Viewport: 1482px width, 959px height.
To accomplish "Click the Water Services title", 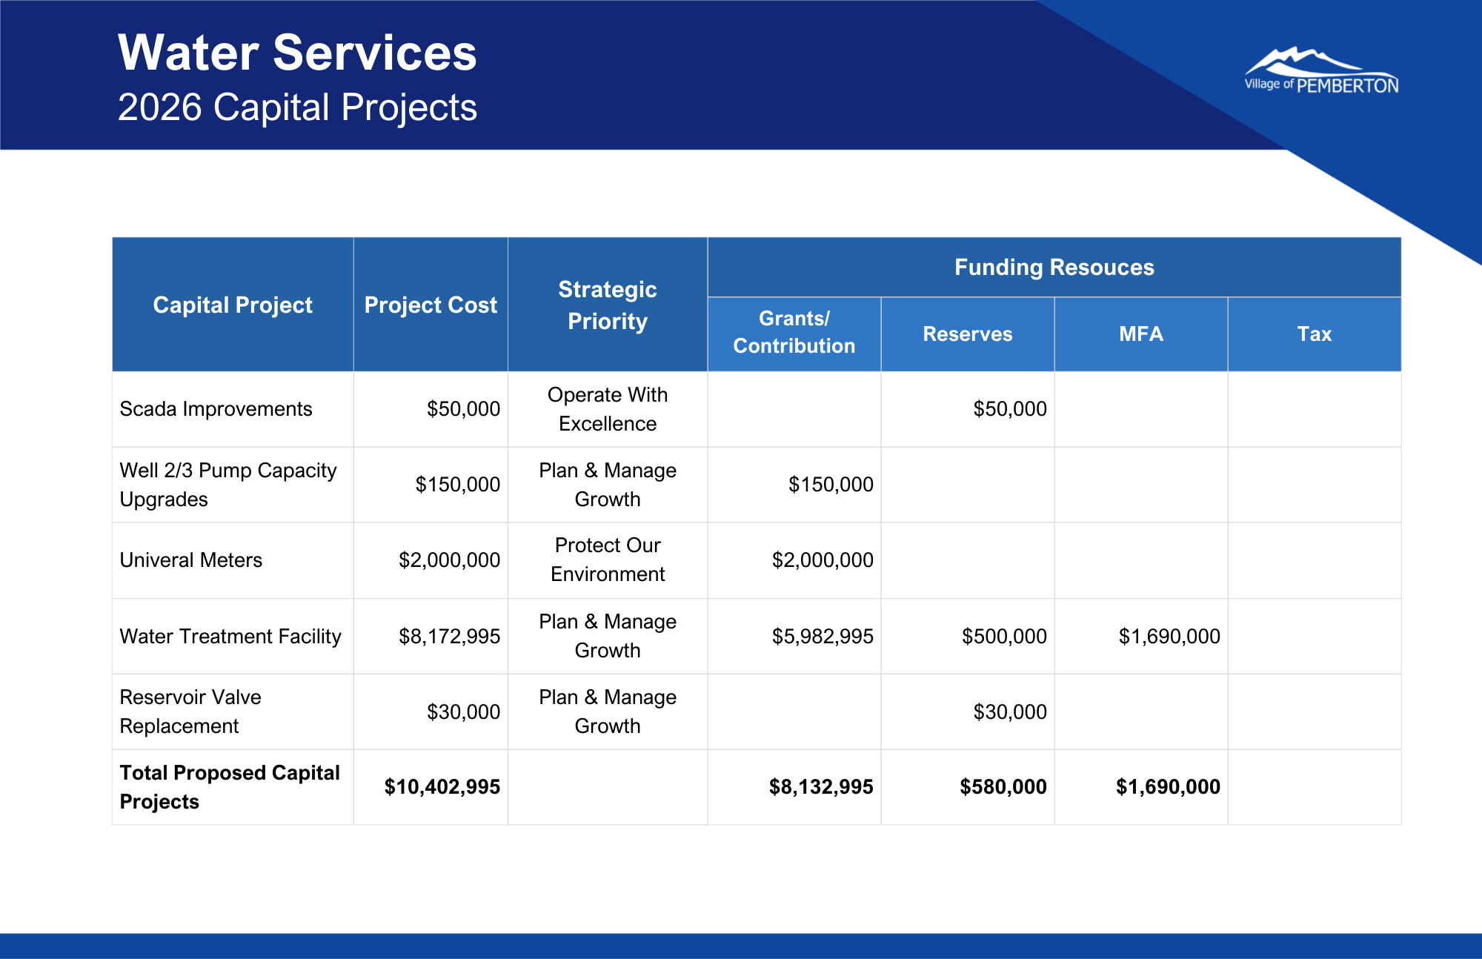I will pyautogui.click(x=297, y=53).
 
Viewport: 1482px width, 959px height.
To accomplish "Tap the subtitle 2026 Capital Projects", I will pyautogui.click(x=297, y=107).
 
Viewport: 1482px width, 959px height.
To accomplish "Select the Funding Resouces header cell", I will pyautogui.click(x=1054, y=268).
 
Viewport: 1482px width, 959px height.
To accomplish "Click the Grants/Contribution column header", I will pyautogui.click(x=794, y=333).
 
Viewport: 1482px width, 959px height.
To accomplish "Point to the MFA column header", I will pyautogui.click(x=1140, y=334).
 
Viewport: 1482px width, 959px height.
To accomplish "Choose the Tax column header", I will pyautogui.click(x=1314, y=334).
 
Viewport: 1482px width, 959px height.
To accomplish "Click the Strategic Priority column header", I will pyautogui.click(x=607, y=305).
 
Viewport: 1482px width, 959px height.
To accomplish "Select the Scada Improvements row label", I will pyautogui.click(x=216, y=409).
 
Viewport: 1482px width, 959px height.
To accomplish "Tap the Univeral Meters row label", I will pyautogui.click(x=191, y=560).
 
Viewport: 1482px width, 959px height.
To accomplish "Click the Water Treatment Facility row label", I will pyautogui.click(x=230, y=637).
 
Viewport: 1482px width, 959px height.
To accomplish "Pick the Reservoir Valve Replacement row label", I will pyautogui.click(x=190, y=711).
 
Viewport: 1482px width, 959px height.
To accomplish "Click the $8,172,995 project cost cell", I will pyautogui.click(x=449, y=637).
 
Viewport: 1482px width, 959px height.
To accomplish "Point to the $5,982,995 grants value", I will pyautogui.click(x=823, y=637).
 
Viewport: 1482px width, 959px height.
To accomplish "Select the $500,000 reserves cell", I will pyautogui.click(x=1004, y=637).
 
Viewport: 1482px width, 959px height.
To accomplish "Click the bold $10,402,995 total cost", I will pyautogui.click(x=442, y=787).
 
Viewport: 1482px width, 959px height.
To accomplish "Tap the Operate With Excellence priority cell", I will pyautogui.click(x=607, y=409).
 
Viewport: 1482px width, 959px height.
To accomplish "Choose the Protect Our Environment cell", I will pyautogui.click(x=607, y=560).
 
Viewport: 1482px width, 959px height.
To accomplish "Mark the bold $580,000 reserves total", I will pyautogui.click(x=1003, y=787).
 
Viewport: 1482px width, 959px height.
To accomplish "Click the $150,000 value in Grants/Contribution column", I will pyautogui.click(x=831, y=485).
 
